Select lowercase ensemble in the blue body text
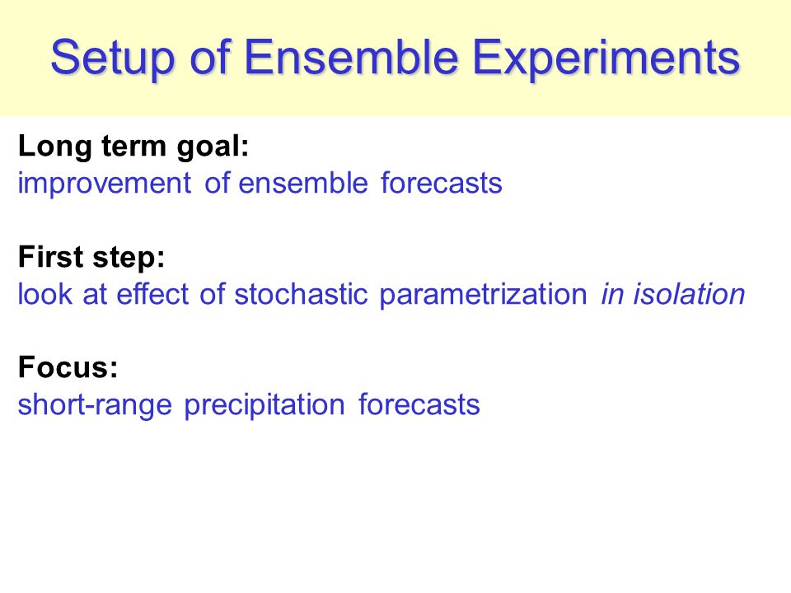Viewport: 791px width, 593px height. tap(302, 183)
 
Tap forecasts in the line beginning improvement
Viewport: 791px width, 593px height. tap(442, 183)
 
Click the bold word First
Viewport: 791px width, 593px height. tap(51, 256)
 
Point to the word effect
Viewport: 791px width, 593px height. tap(152, 293)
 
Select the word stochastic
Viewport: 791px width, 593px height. tap(302, 293)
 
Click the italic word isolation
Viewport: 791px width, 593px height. tap(689, 293)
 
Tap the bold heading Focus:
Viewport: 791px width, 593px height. tap(68, 367)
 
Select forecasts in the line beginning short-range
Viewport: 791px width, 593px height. tap(419, 404)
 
